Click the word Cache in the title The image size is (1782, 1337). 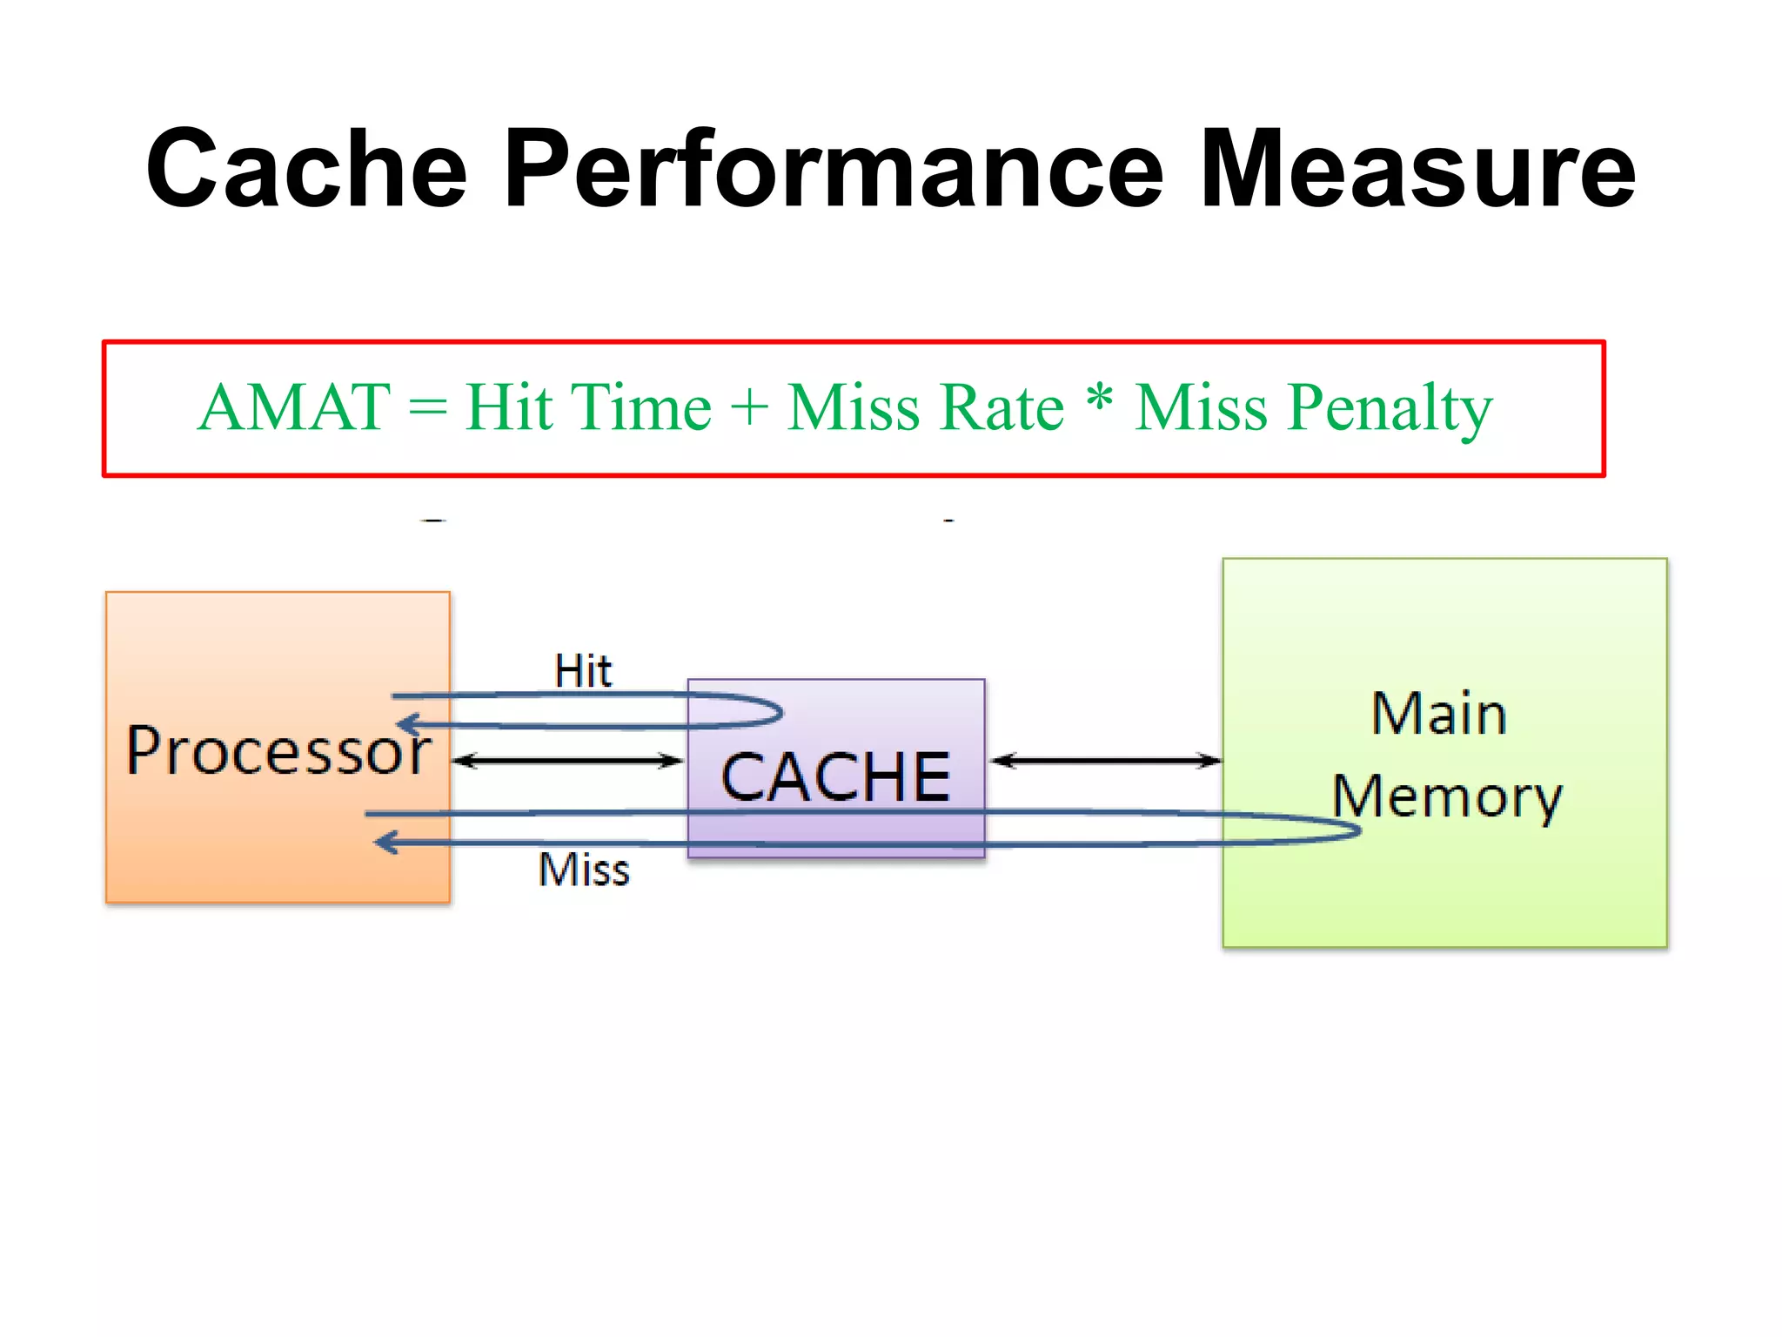pos(307,169)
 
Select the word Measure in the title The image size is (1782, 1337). pos(1417,169)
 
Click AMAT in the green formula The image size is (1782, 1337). pos(294,407)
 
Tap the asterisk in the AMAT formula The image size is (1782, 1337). pos(1100,399)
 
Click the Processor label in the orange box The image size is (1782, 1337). pos(278,750)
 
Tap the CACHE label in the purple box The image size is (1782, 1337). pos(835,776)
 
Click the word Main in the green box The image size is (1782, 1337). pos(1439,714)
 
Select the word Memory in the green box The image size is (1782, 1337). pos(1447,797)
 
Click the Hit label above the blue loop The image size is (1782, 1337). pos(583,671)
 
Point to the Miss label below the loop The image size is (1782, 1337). pos(584,870)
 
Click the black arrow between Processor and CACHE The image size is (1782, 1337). pos(568,762)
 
